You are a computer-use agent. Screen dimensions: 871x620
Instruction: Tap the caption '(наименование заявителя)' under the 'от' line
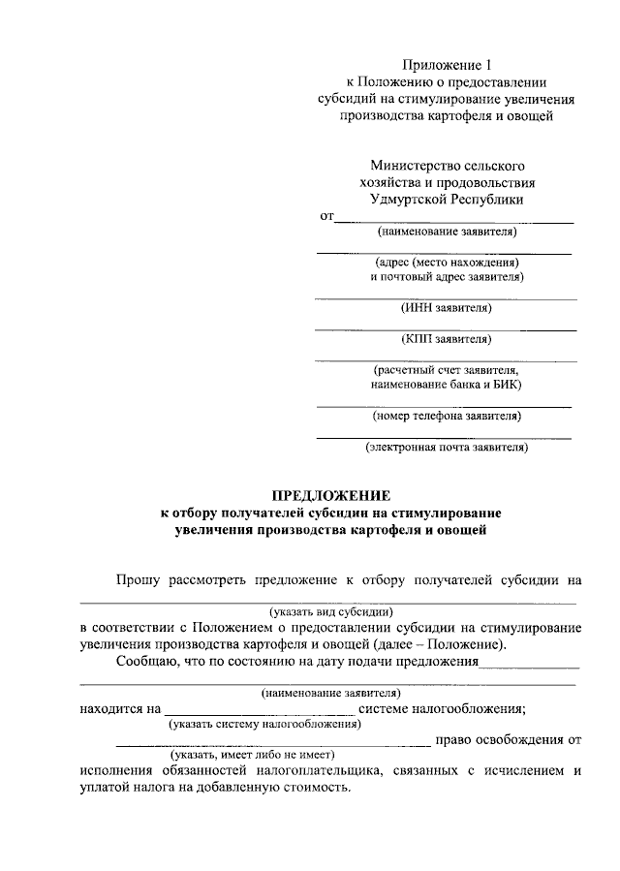447,232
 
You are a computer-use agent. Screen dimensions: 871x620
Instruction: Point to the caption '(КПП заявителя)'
447,339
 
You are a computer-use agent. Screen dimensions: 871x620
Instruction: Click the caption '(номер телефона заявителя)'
447,417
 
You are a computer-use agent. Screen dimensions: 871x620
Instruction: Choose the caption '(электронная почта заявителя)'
447,448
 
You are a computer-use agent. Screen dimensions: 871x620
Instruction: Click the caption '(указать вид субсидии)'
330,612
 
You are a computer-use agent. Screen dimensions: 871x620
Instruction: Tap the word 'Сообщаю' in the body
145,663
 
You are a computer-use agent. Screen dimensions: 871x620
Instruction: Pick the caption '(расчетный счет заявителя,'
447,370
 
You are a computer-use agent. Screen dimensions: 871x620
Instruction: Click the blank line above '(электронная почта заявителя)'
445,438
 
